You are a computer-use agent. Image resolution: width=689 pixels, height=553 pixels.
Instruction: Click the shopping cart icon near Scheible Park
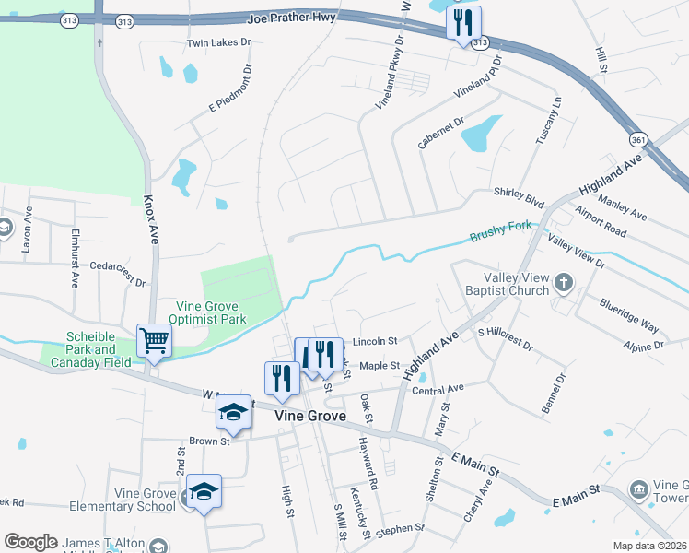point(154,341)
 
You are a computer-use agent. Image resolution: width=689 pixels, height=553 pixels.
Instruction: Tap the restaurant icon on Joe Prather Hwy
point(462,22)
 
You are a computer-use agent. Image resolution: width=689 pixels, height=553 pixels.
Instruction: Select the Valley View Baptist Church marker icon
point(562,282)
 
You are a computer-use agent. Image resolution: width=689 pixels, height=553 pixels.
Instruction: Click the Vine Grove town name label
point(311,417)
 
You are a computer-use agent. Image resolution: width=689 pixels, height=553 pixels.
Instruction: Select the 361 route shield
point(638,138)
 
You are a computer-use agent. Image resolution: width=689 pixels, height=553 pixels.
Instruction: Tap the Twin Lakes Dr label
point(218,42)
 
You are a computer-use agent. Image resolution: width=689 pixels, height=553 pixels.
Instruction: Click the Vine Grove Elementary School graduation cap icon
point(204,491)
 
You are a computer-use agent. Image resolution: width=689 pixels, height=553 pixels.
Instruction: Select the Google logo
point(30,542)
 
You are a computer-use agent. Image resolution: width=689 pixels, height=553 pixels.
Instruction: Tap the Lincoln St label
point(374,340)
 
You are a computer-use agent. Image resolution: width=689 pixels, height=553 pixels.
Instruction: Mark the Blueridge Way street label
point(628,314)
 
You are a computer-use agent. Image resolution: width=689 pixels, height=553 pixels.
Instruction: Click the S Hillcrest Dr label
point(505,338)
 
